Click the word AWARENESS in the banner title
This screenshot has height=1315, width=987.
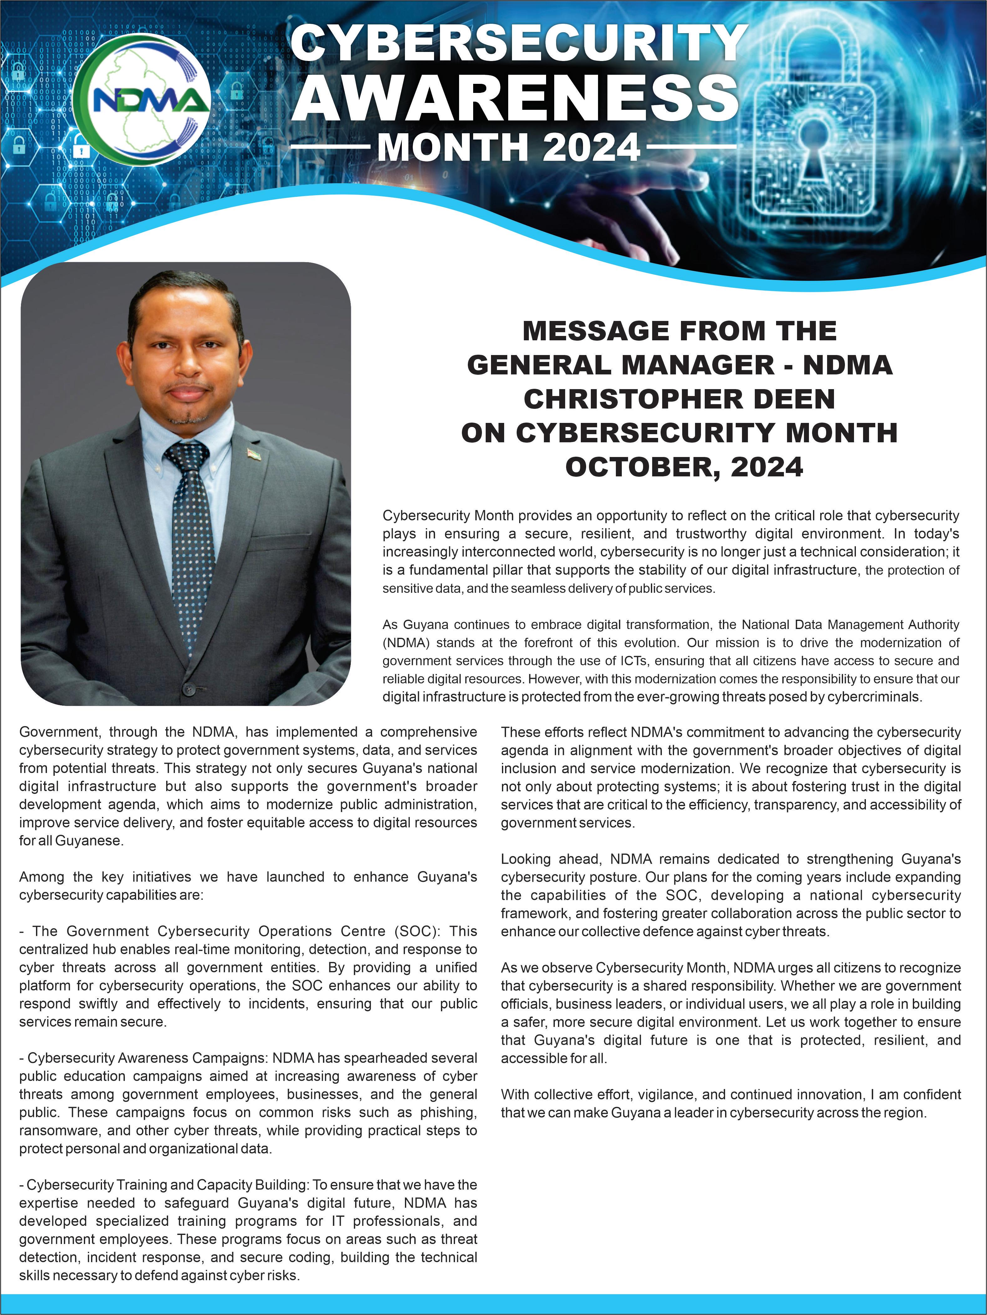click(515, 96)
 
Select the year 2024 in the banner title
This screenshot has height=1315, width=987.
click(591, 147)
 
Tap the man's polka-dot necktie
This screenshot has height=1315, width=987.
click(192, 547)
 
